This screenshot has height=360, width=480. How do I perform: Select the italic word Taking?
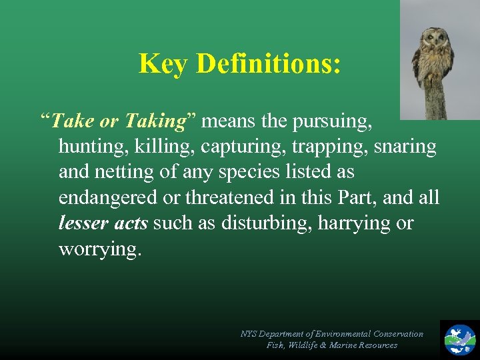click(x=155, y=121)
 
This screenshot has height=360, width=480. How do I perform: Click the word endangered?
click(x=109, y=197)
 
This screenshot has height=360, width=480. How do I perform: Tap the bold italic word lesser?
click(x=83, y=223)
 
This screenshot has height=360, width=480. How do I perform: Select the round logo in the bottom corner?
click(x=460, y=339)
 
